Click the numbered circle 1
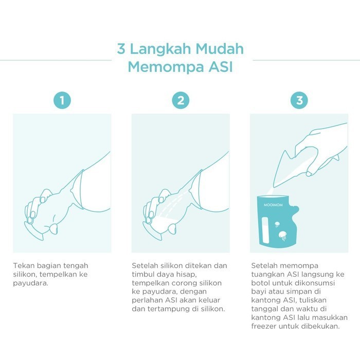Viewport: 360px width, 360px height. tap(62, 100)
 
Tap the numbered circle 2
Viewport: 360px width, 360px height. tap(181, 100)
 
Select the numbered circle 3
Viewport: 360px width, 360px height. tap(299, 100)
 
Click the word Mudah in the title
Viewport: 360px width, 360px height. tap(220, 49)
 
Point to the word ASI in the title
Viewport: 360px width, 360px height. tap(221, 67)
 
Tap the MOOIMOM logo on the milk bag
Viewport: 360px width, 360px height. tap(273, 205)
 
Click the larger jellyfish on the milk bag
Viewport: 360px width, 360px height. tap(283, 236)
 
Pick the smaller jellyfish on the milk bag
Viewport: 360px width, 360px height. tap(277, 224)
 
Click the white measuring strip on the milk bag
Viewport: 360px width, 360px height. tap(265, 230)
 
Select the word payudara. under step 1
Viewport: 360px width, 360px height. tap(30, 283)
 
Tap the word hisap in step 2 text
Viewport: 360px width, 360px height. tap(186, 274)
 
